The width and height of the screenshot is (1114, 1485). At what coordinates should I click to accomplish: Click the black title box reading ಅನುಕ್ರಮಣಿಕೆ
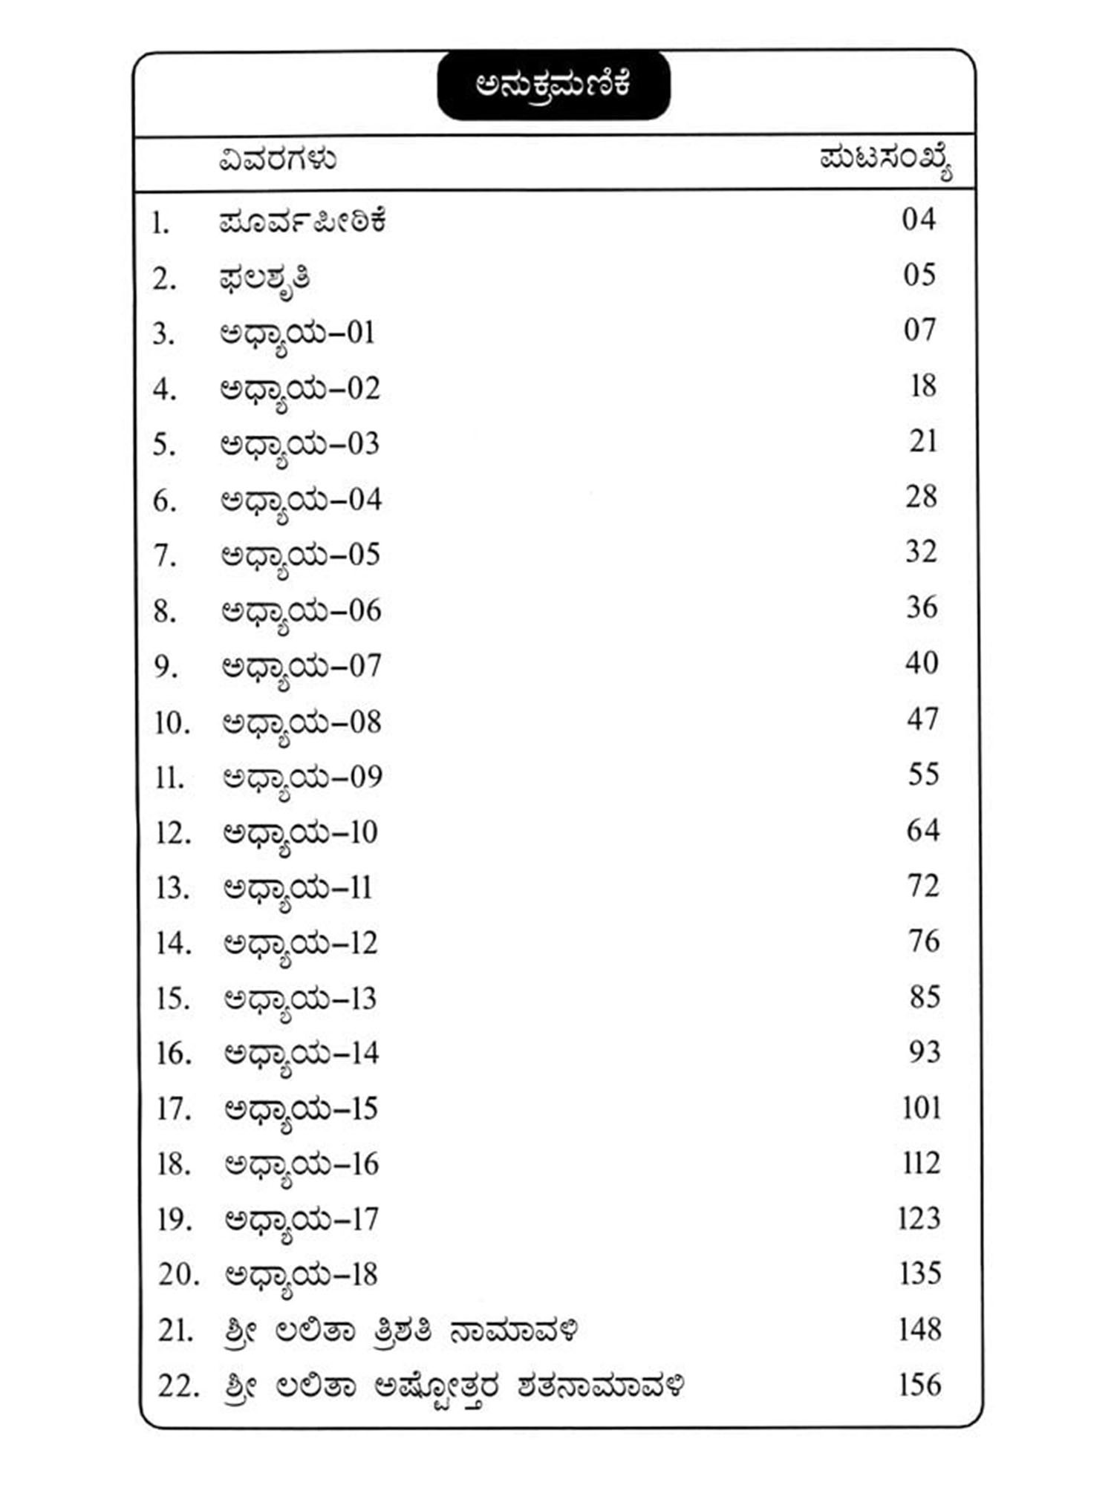pyautogui.click(x=553, y=85)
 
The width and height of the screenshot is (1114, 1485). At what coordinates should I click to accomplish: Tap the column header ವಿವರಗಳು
pyautogui.click(x=277, y=160)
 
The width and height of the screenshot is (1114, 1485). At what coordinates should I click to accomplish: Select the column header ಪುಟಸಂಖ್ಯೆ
pyautogui.click(x=886, y=162)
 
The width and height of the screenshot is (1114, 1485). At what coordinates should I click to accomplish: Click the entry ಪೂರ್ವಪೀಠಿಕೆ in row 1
pyautogui.click(x=302, y=222)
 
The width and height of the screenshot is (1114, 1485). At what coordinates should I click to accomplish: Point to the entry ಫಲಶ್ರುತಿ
pyautogui.click(x=264, y=279)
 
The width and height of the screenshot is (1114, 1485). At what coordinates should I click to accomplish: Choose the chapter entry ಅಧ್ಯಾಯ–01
pyautogui.click(x=298, y=333)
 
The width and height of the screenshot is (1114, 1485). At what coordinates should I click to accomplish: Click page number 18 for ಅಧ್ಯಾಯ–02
pyautogui.click(x=922, y=385)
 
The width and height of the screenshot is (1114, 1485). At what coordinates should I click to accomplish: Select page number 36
pyautogui.click(x=922, y=607)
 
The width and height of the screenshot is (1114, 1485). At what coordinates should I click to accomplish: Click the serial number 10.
pyautogui.click(x=172, y=722)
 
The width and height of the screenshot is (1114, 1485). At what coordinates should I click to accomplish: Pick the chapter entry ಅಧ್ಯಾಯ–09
pyautogui.click(x=302, y=778)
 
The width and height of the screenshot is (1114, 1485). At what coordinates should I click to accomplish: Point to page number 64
pyautogui.click(x=923, y=829)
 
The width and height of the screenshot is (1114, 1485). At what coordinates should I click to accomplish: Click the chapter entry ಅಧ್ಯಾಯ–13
pyautogui.click(x=301, y=999)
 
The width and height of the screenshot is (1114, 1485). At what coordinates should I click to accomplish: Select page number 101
pyautogui.click(x=922, y=1107)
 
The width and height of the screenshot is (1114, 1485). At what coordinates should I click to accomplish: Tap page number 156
pyautogui.click(x=920, y=1385)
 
